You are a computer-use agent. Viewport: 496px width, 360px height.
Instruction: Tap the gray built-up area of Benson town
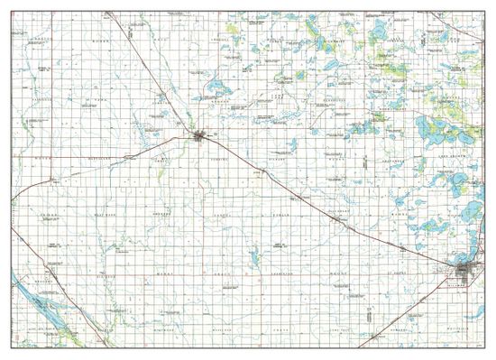200,136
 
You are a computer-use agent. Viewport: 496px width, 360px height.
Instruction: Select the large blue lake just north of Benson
216,88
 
